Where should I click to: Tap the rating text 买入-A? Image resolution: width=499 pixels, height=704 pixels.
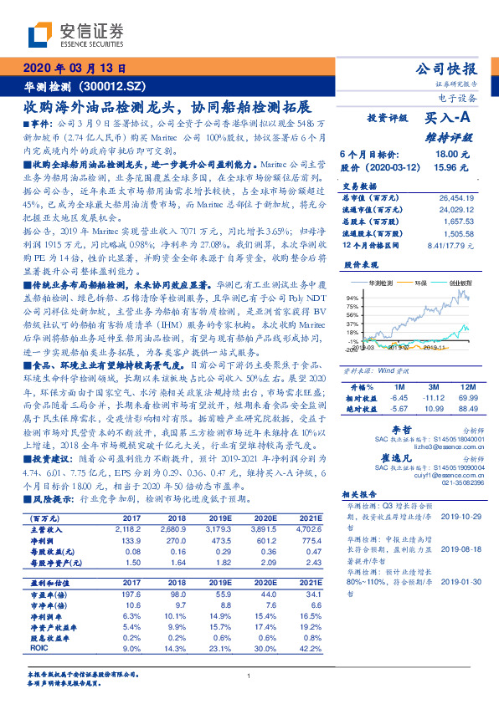pyautogui.click(x=446, y=119)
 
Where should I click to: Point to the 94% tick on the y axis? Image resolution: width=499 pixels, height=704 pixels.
pyautogui.click(x=352, y=297)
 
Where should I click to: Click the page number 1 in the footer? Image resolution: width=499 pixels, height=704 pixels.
pyautogui.click(x=249, y=676)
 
